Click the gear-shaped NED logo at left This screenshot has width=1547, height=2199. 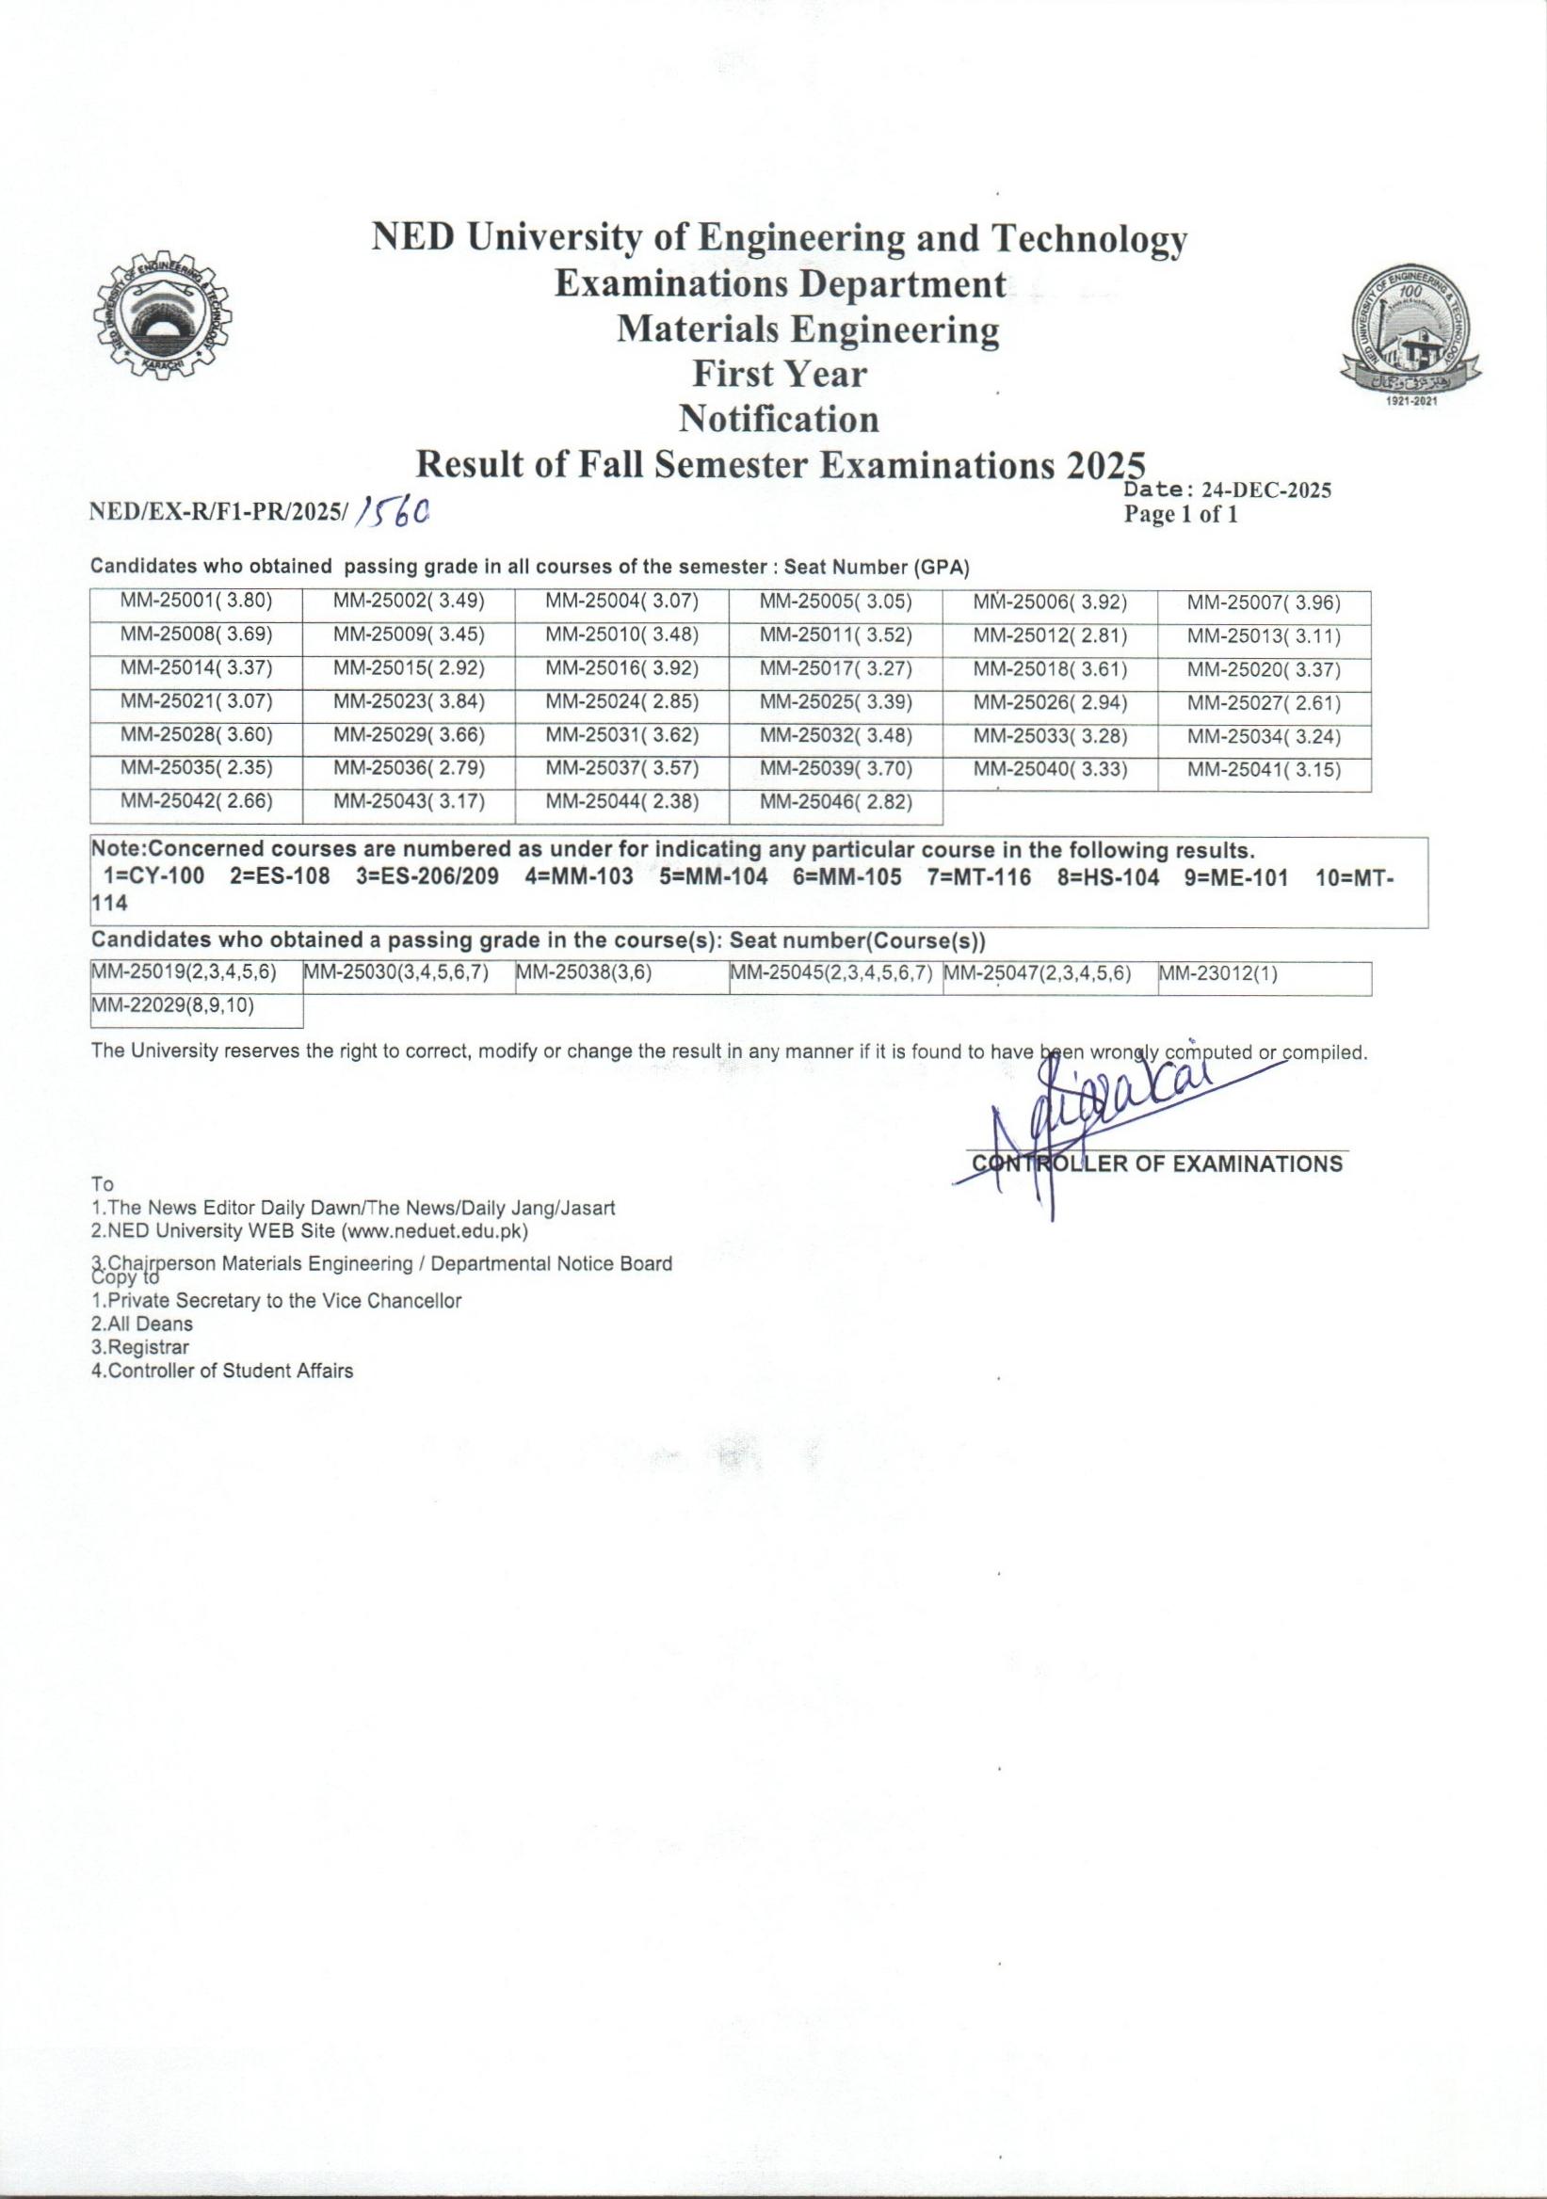161,320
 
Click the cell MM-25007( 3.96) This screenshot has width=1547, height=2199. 1264,603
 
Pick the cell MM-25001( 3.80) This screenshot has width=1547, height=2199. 197,602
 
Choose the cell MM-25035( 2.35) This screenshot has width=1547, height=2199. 197,769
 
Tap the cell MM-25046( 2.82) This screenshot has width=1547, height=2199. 835,803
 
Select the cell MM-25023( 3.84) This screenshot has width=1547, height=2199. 409,702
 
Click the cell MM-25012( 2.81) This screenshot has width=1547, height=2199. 1050,636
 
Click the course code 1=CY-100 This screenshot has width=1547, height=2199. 153,878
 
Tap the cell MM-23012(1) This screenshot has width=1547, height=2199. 1218,974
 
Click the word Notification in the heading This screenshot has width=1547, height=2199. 779,419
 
